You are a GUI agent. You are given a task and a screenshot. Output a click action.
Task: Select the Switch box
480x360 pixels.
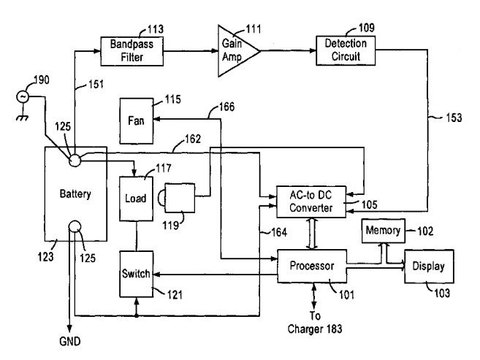click(x=136, y=275)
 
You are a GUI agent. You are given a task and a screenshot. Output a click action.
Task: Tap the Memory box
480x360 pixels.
click(x=382, y=231)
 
